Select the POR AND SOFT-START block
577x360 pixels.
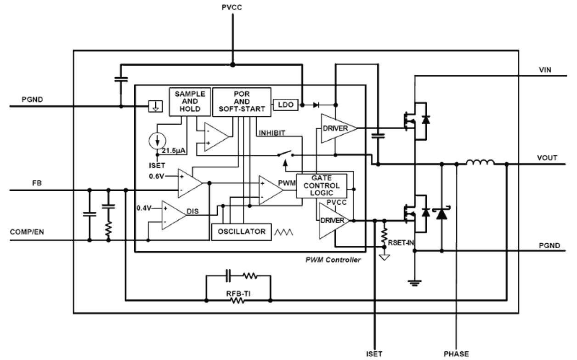point(241,100)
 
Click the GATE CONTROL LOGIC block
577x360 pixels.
point(322,186)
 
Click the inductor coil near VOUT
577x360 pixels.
point(481,163)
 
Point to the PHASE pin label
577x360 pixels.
point(456,354)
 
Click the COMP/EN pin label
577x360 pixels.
point(27,232)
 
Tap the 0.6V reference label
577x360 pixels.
point(156,176)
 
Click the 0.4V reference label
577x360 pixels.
point(144,208)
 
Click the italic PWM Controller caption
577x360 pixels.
point(333,260)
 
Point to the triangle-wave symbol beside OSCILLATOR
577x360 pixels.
point(283,232)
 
